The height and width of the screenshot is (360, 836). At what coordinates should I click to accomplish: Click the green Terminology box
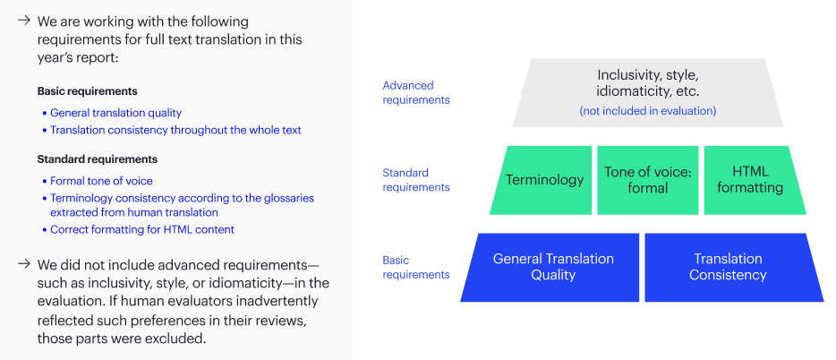coord(542,180)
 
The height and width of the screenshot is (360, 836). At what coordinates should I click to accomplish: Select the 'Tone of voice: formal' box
coord(648,180)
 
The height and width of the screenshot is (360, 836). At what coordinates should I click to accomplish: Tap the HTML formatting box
coord(753,180)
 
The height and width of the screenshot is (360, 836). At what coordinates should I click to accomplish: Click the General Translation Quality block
coord(552,267)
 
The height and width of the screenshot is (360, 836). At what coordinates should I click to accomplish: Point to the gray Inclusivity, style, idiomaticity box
coord(648,93)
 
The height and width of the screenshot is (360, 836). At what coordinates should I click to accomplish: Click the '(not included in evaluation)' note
coord(648,111)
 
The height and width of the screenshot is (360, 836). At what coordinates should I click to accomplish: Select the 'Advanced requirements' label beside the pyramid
coord(416,92)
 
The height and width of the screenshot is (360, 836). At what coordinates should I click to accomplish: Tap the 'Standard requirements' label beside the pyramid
coord(416,180)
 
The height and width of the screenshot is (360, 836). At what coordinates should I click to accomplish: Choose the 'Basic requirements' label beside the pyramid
coord(416,267)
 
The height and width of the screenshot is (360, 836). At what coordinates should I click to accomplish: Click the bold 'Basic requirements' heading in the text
coord(88,91)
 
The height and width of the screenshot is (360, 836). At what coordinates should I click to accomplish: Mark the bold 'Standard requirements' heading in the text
coord(97,159)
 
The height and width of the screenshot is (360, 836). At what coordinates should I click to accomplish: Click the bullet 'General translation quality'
coord(115,113)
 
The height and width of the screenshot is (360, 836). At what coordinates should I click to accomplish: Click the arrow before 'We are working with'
coord(23,21)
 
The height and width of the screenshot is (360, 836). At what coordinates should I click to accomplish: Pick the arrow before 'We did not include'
coord(23,264)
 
